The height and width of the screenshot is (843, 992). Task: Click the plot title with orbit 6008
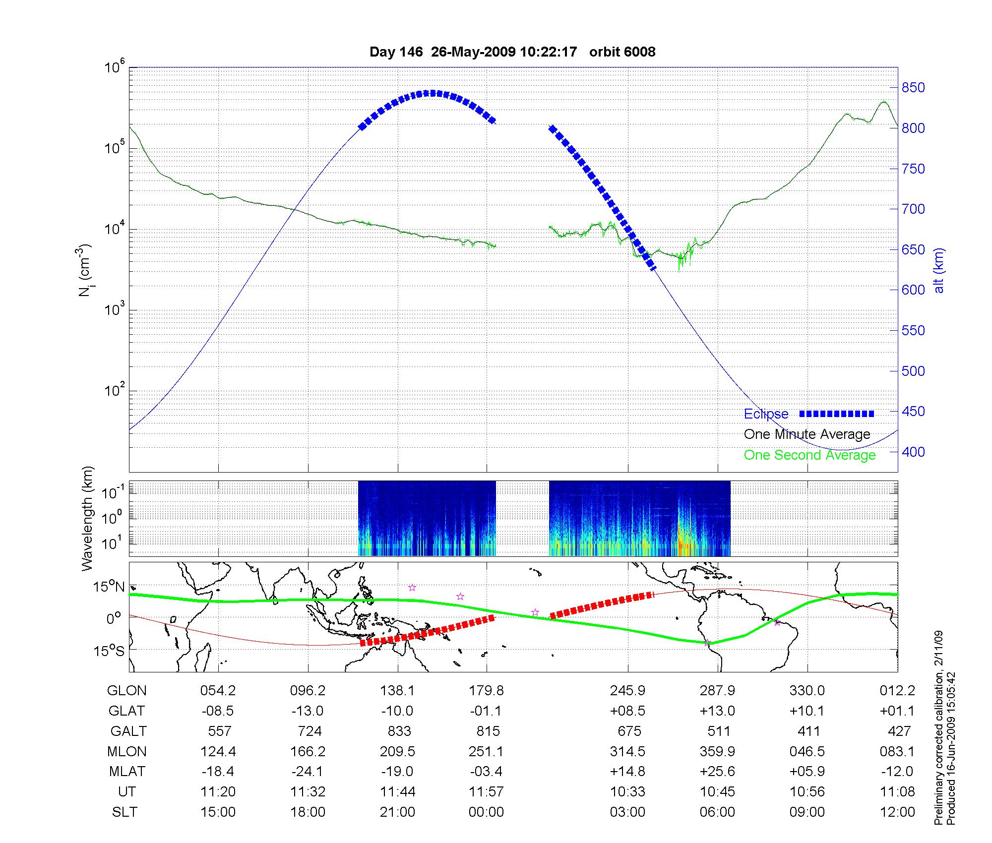click(x=512, y=52)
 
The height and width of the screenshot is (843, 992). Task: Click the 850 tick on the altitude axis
click(x=913, y=88)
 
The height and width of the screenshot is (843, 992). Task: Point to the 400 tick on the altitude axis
click(x=913, y=452)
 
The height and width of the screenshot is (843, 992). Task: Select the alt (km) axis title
click(x=939, y=270)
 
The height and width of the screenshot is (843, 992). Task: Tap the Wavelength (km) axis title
click(x=87, y=519)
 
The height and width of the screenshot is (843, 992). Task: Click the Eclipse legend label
click(x=766, y=414)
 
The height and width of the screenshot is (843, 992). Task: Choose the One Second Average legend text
click(x=809, y=455)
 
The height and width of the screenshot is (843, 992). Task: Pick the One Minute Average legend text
click(x=807, y=434)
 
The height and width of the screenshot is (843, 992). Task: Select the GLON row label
click(x=127, y=691)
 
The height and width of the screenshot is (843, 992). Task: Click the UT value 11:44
click(x=397, y=792)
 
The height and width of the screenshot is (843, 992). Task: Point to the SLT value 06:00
click(x=717, y=812)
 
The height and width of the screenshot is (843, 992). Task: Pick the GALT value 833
click(x=399, y=731)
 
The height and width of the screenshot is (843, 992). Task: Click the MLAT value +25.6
click(x=717, y=772)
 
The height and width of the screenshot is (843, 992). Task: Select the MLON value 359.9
click(x=717, y=752)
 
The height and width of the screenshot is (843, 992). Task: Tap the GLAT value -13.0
click(x=308, y=711)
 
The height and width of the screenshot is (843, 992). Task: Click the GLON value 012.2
click(x=897, y=691)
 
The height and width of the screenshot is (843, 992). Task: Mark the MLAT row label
click(x=127, y=772)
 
